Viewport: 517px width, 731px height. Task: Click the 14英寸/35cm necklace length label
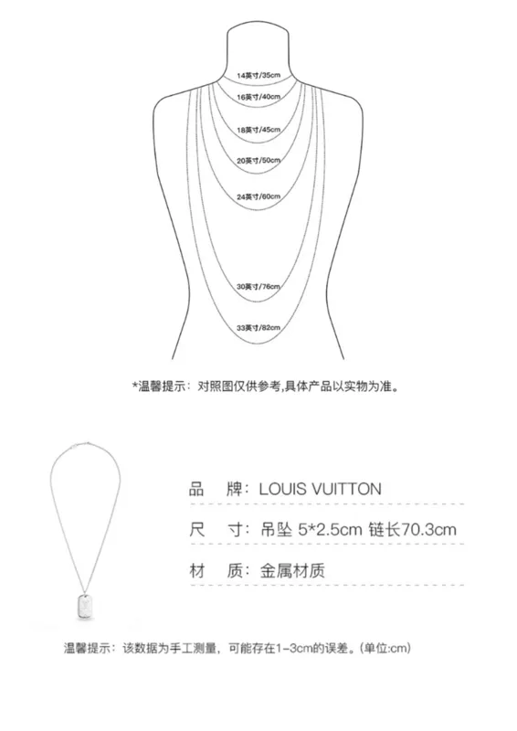258,75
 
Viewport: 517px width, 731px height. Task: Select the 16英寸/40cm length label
258,97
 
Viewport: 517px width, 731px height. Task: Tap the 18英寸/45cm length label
258,130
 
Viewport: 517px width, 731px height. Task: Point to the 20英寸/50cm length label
258,161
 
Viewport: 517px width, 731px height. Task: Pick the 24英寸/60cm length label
258,196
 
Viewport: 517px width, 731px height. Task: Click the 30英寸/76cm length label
258,286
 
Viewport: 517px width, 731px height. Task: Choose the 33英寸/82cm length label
258,328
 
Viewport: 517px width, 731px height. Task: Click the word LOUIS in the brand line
282,489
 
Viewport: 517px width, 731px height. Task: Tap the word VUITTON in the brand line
346,489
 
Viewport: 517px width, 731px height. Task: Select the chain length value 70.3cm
428,530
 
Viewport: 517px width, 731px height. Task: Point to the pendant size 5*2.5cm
330,530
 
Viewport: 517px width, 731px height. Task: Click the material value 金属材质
291,570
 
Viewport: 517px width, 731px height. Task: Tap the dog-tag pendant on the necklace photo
85,607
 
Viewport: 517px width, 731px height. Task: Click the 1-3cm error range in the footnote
294,648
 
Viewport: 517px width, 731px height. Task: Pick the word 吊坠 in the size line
277,530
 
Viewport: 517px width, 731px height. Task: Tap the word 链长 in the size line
385,530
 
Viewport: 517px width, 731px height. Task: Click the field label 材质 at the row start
216,570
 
